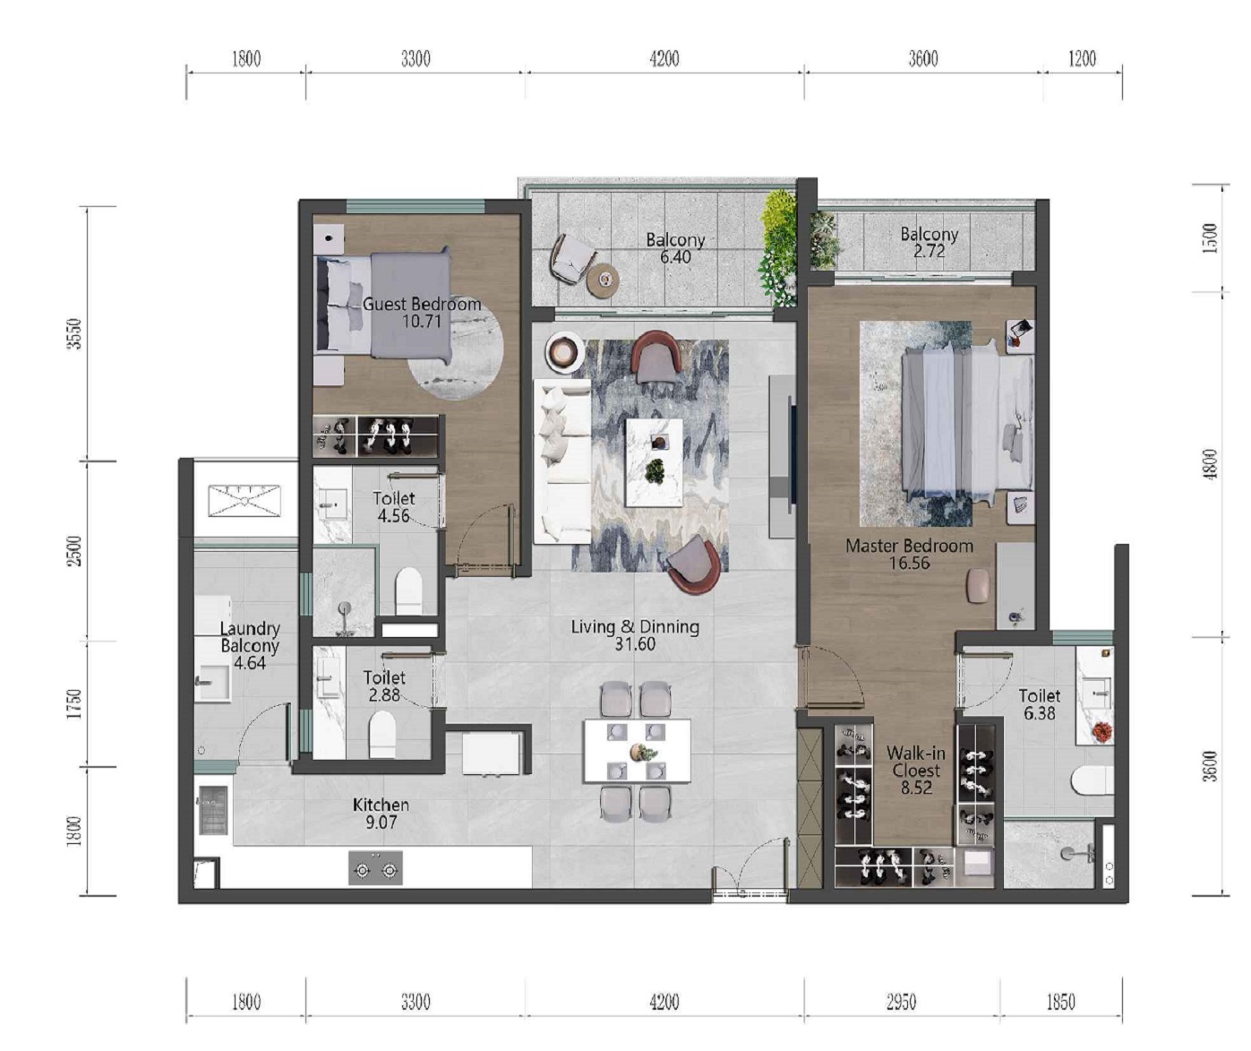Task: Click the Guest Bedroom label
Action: tap(422, 304)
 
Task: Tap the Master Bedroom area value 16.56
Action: tap(909, 563)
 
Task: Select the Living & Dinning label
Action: tap(635, 627)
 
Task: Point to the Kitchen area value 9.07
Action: tap(381, 822)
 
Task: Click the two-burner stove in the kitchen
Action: tap(376, 867)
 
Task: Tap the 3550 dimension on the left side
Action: tap(74, 334)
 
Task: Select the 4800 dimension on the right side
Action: tap(1211, 464)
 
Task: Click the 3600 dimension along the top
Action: tap(923, 59)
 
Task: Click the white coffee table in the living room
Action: tap(654, 462)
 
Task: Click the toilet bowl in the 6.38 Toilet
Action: tap(1092, 780)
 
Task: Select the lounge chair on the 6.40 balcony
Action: tap(571, 258)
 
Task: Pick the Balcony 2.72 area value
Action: tap(929, 251)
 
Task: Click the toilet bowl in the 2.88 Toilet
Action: tap(382, 735)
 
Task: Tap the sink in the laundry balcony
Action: tap(213, 683)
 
